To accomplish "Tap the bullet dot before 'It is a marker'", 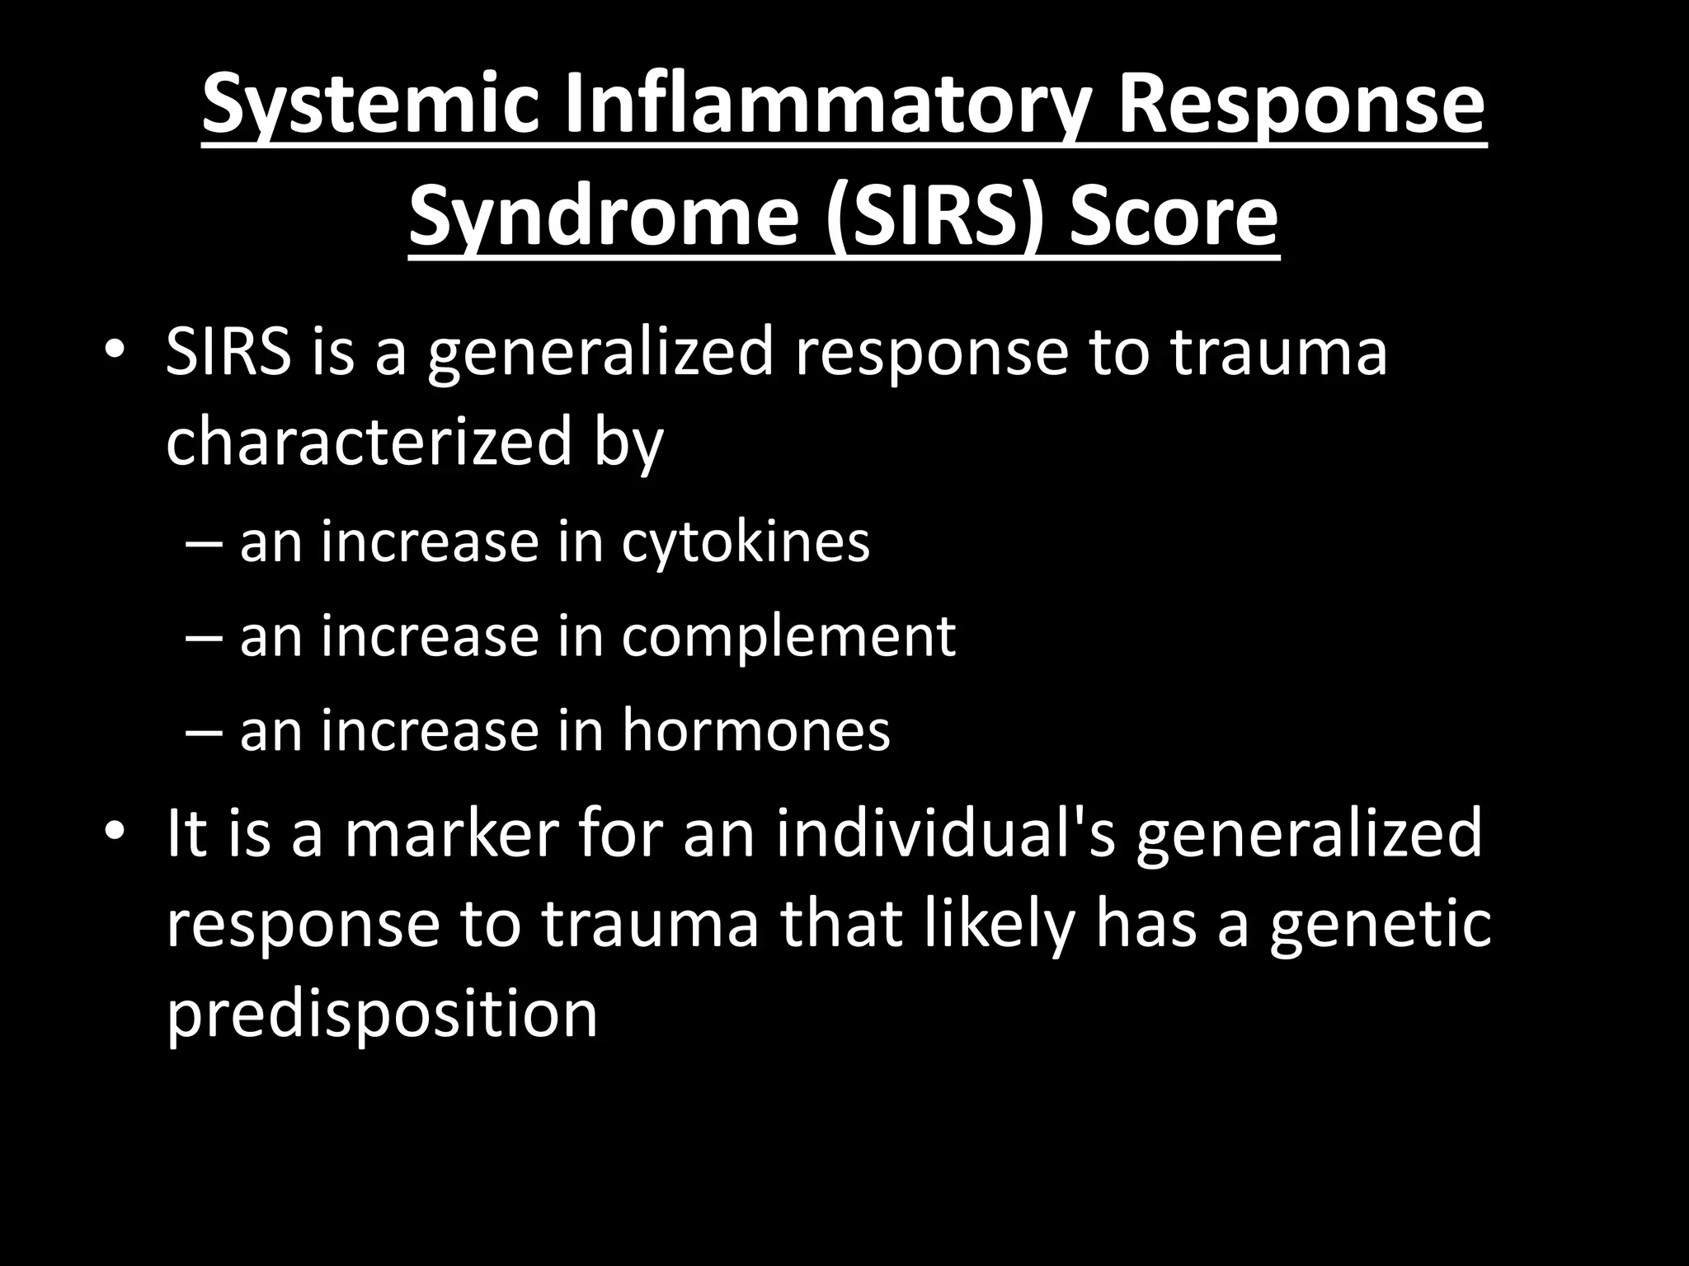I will coord(115,832).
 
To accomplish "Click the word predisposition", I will coord(382,1014).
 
